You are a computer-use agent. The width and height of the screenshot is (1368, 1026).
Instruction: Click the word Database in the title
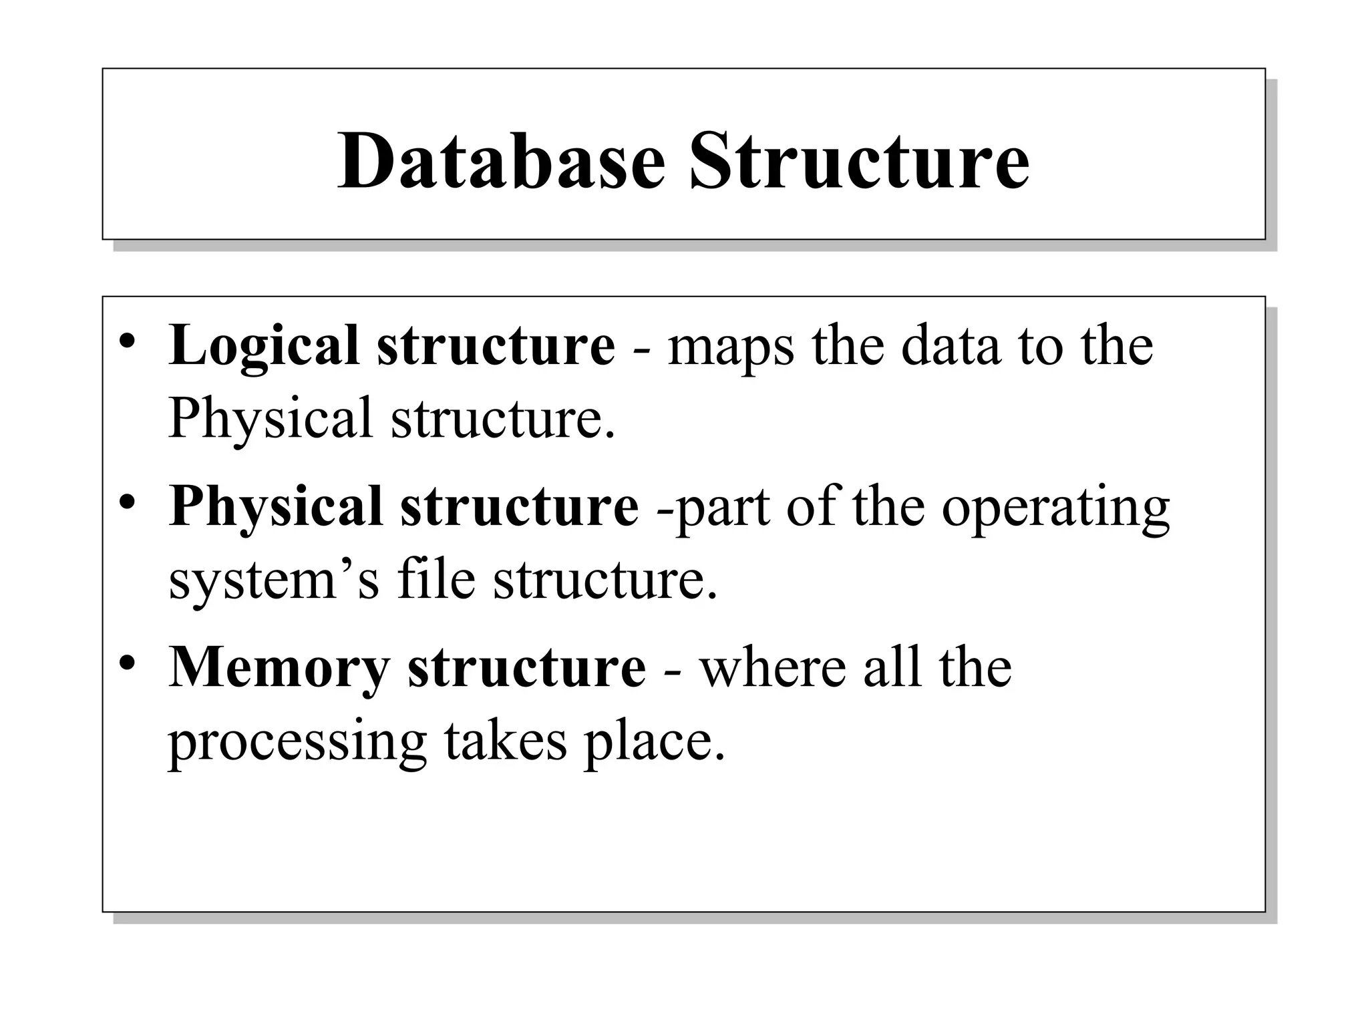coord(502,162)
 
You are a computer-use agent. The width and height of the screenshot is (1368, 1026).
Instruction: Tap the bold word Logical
coord(265,345)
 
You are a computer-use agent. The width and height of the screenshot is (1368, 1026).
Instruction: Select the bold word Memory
coord(279,667)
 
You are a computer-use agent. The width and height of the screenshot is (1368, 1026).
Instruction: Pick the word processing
coord(297,742)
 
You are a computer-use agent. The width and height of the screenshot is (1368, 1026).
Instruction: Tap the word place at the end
coord(654,741)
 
